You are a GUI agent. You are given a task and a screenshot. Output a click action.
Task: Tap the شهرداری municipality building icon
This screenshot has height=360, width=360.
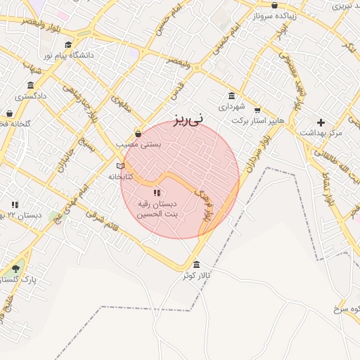point(231,96)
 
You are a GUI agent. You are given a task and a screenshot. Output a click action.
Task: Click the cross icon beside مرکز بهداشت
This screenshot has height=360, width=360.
point(321,122)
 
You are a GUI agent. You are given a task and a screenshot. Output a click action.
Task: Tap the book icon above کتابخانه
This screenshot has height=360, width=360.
point(120,166)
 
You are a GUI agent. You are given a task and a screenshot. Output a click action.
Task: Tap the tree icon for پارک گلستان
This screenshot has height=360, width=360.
point(15,269)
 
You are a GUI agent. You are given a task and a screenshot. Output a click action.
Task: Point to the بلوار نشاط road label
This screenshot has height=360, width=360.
point(326,190)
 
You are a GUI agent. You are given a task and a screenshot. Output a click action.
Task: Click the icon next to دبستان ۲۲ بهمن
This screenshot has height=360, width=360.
point(15,205)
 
